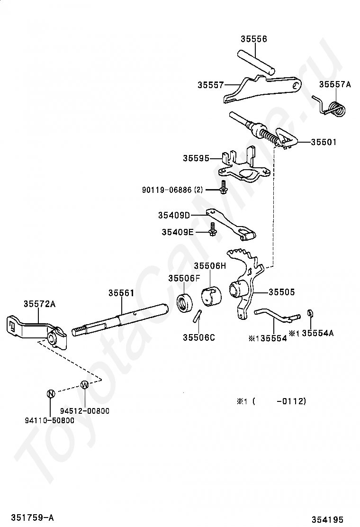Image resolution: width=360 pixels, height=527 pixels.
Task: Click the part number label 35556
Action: tap(253, 39)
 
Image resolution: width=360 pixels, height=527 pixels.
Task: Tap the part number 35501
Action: tap(324, 142)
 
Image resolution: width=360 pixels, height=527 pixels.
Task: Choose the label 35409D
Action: tap(174, 215)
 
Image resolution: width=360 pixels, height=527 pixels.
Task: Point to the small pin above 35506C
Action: tap(198, 316)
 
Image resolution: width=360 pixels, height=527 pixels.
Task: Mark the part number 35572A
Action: tap(39, 304)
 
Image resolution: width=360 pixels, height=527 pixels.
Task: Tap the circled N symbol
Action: tap(50, 393)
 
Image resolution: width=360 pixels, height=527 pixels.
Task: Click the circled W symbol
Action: tap(85, 385)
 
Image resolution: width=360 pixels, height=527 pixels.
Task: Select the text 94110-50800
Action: tap(50, 420)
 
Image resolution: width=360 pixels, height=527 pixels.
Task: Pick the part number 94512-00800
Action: tap(85, 411)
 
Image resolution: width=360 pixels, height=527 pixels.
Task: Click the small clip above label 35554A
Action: tap(310, 313)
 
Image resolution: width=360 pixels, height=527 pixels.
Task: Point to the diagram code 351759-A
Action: tap(32, 517)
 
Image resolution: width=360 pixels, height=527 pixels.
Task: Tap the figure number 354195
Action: tap(327, 519)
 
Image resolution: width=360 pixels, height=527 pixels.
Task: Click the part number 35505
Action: tap(281, 292)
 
